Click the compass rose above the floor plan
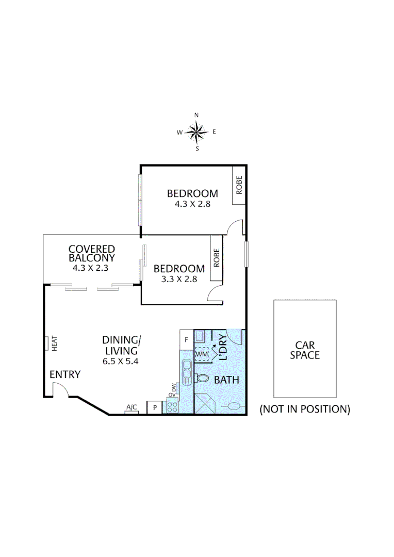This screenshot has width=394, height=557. (x=196, y=132)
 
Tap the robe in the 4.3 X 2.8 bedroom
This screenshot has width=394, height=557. (x=239, y=185)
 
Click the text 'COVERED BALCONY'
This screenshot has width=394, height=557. (x=92, y=253)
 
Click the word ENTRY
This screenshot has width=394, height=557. (x=65, y=374)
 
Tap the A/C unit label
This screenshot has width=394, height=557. (x=132, y=408)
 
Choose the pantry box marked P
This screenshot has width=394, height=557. (x=154, y=407)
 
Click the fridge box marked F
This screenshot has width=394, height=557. (x=186, y=339)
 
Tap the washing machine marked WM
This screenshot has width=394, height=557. (x=202, y=355)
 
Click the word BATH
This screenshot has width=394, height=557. (x=226, y=380)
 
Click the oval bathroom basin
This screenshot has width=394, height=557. (x=234, y=406)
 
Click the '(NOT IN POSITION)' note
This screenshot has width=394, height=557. (x=305, y=409)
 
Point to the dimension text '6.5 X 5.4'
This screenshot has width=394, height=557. (x=121, y=361)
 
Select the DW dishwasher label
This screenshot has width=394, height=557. (x=174, y=387)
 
